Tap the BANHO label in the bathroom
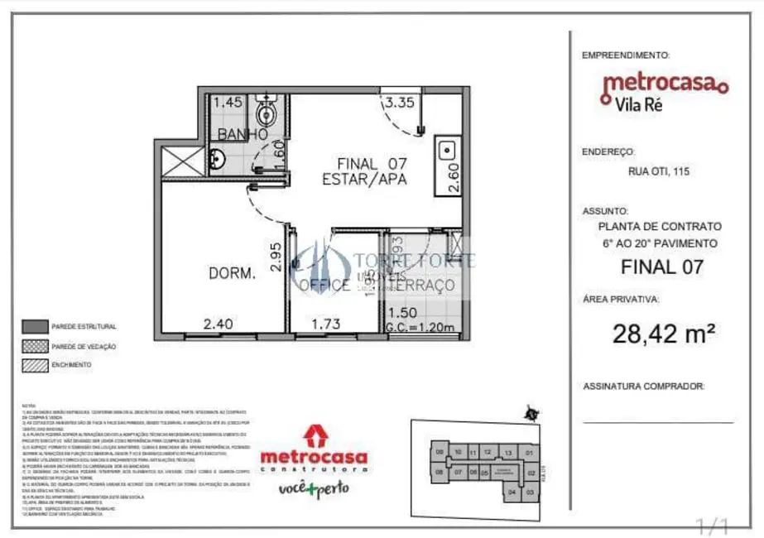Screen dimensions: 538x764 tap(242, 134)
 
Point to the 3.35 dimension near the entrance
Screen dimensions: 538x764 tap(398, 103)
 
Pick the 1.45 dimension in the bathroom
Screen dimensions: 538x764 tap(228, 103)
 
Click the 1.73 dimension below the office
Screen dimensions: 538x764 tap(325, 325)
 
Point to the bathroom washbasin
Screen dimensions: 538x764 tap(216, 158)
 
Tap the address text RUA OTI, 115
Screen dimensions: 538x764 tap(658, 172)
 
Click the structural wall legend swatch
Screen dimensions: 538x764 tap(34, 326)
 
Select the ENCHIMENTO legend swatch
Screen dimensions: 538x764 tap(34, 364)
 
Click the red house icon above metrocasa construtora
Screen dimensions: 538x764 tap(314, 435)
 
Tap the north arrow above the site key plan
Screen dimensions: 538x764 tap(531, 413)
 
